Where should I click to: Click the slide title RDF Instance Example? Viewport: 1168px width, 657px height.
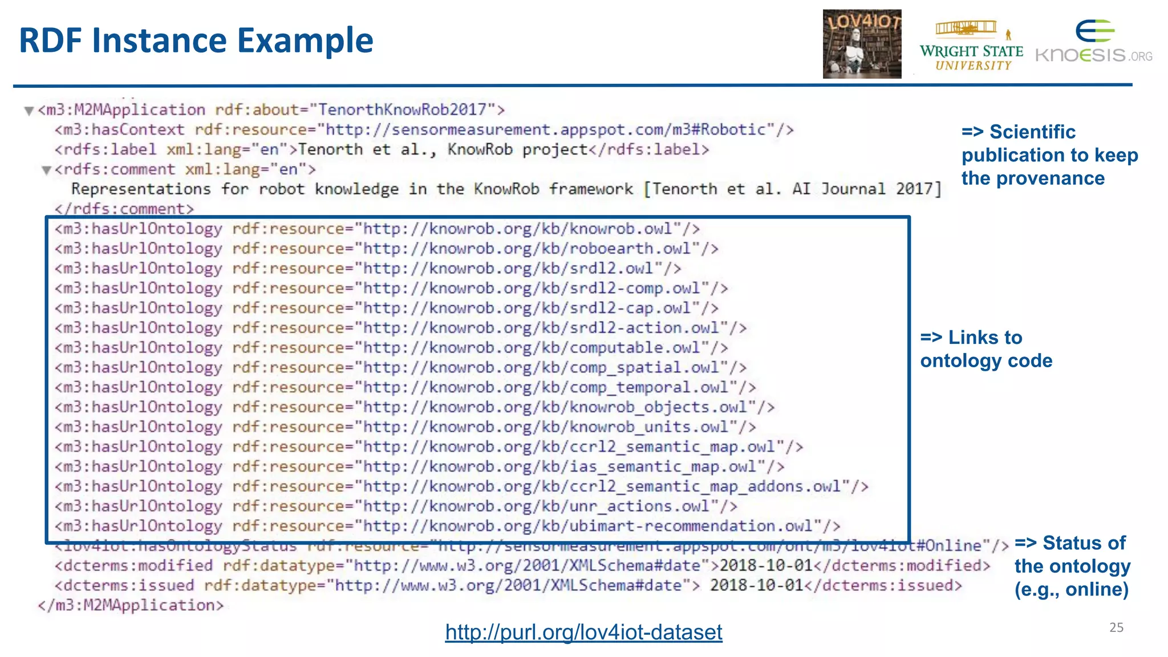196,41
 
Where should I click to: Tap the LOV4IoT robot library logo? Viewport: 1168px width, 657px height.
862,44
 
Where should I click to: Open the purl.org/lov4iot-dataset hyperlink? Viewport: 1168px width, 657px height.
583,632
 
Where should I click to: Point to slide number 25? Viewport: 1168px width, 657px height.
1116,627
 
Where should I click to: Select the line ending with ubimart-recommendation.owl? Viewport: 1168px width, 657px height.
447,526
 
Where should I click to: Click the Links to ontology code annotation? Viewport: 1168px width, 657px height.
986,349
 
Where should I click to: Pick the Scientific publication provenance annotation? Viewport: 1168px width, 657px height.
1049,155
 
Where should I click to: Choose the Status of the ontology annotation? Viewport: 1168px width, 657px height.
1072,566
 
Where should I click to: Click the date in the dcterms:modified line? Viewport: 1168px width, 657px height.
766,566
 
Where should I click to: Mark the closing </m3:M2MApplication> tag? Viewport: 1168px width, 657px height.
131,605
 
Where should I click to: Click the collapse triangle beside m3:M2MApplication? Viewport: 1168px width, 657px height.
29,111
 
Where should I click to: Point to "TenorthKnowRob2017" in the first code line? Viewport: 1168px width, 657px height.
401,109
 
